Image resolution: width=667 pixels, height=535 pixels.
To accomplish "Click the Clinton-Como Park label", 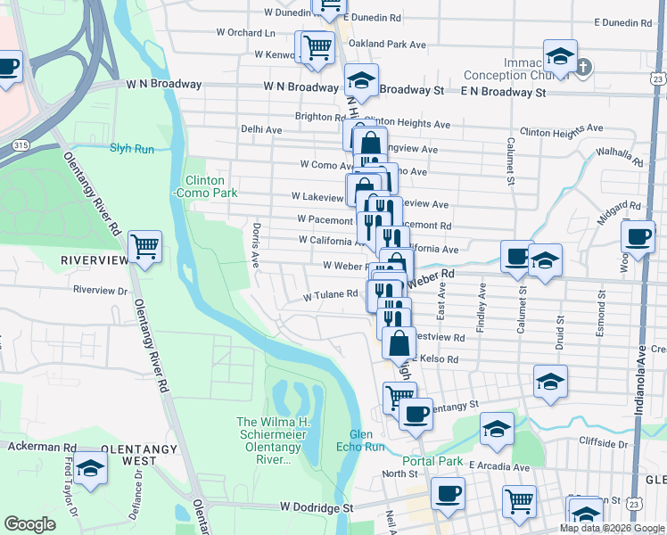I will tap(210, 185).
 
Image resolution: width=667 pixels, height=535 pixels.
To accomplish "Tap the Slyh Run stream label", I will tap(132, 148).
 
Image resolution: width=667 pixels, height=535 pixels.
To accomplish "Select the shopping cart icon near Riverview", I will tap(144, 246).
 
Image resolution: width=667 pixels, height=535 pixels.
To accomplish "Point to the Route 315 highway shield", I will tap(20, 144).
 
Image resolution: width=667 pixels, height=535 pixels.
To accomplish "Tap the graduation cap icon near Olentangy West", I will tap(90, 468).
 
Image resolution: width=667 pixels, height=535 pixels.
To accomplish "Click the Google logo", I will tap(29, 524).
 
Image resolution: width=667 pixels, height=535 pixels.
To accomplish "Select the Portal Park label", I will tap(432, 461).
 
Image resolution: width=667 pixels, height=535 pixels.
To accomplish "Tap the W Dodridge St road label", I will tap(316, 506).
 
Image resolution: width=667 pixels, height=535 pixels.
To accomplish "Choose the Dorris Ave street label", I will tap(256, 246).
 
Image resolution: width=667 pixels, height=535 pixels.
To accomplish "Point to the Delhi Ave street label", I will tap(261, 129).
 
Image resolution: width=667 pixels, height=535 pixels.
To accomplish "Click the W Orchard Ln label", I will tap(245, 33).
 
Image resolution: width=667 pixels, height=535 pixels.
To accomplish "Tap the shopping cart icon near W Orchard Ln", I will tap(316, 47).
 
